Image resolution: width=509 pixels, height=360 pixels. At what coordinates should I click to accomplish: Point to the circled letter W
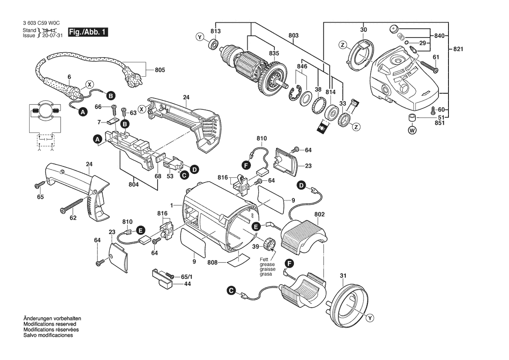pyautogui.click(x=412, y=129)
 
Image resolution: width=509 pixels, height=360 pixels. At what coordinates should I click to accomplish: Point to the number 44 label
pyautogui.click(x=188, y=284)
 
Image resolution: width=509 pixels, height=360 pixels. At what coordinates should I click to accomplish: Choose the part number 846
pyautogui.click(x=302, y=66)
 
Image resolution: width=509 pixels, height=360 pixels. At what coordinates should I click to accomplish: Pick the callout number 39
pyautogui.click(x=256, y=247)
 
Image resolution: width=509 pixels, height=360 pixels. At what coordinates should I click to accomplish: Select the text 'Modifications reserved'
pyautogui.click(x=50, y=324)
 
